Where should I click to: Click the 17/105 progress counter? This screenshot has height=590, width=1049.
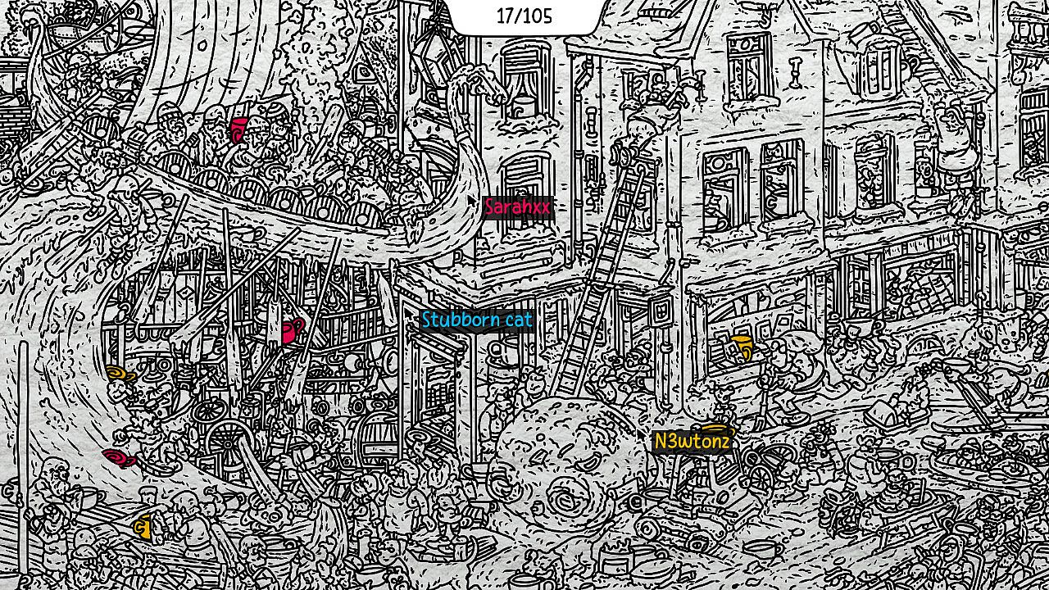[524, 16]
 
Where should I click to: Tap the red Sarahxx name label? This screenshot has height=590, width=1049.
[518, 207]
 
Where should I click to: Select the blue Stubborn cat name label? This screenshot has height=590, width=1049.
[477, 320]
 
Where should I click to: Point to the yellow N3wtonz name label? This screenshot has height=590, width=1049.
[693, 442]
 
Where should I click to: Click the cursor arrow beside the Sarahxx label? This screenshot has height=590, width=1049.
[473, 200]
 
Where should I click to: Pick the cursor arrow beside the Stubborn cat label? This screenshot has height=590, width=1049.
[409, 312]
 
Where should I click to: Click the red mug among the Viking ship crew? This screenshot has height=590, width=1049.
[238, 129]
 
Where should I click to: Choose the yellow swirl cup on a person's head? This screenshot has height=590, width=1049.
[121, 375]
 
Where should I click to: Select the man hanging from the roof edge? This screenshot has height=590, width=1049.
[951, 131]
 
